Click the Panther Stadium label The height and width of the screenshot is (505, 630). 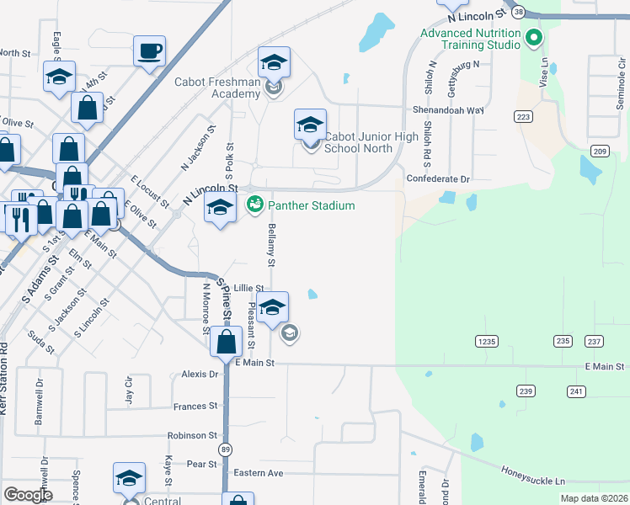(x=311, y=205)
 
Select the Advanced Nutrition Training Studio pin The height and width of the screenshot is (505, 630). (x=532, y=38)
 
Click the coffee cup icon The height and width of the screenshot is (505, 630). (x=150, y=51)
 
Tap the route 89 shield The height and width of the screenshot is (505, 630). (x=225, y=450)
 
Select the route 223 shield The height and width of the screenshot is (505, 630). (x=524, y=117)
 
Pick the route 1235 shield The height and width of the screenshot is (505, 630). (x=486, y=341)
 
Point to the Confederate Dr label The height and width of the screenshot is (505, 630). (x=437, y=179)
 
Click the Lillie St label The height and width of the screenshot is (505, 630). (x=248, y=288)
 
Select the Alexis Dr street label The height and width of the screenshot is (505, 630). (x=200, y=374)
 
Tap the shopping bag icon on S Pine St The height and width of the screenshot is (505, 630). (x=226, y=342)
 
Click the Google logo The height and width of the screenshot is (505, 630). (x=28, y=495)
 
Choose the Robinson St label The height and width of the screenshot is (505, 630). (x=192, y=436)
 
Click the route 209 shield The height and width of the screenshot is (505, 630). (x=600, y=151)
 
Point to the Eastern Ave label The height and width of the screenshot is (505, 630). (x=259, y=473)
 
